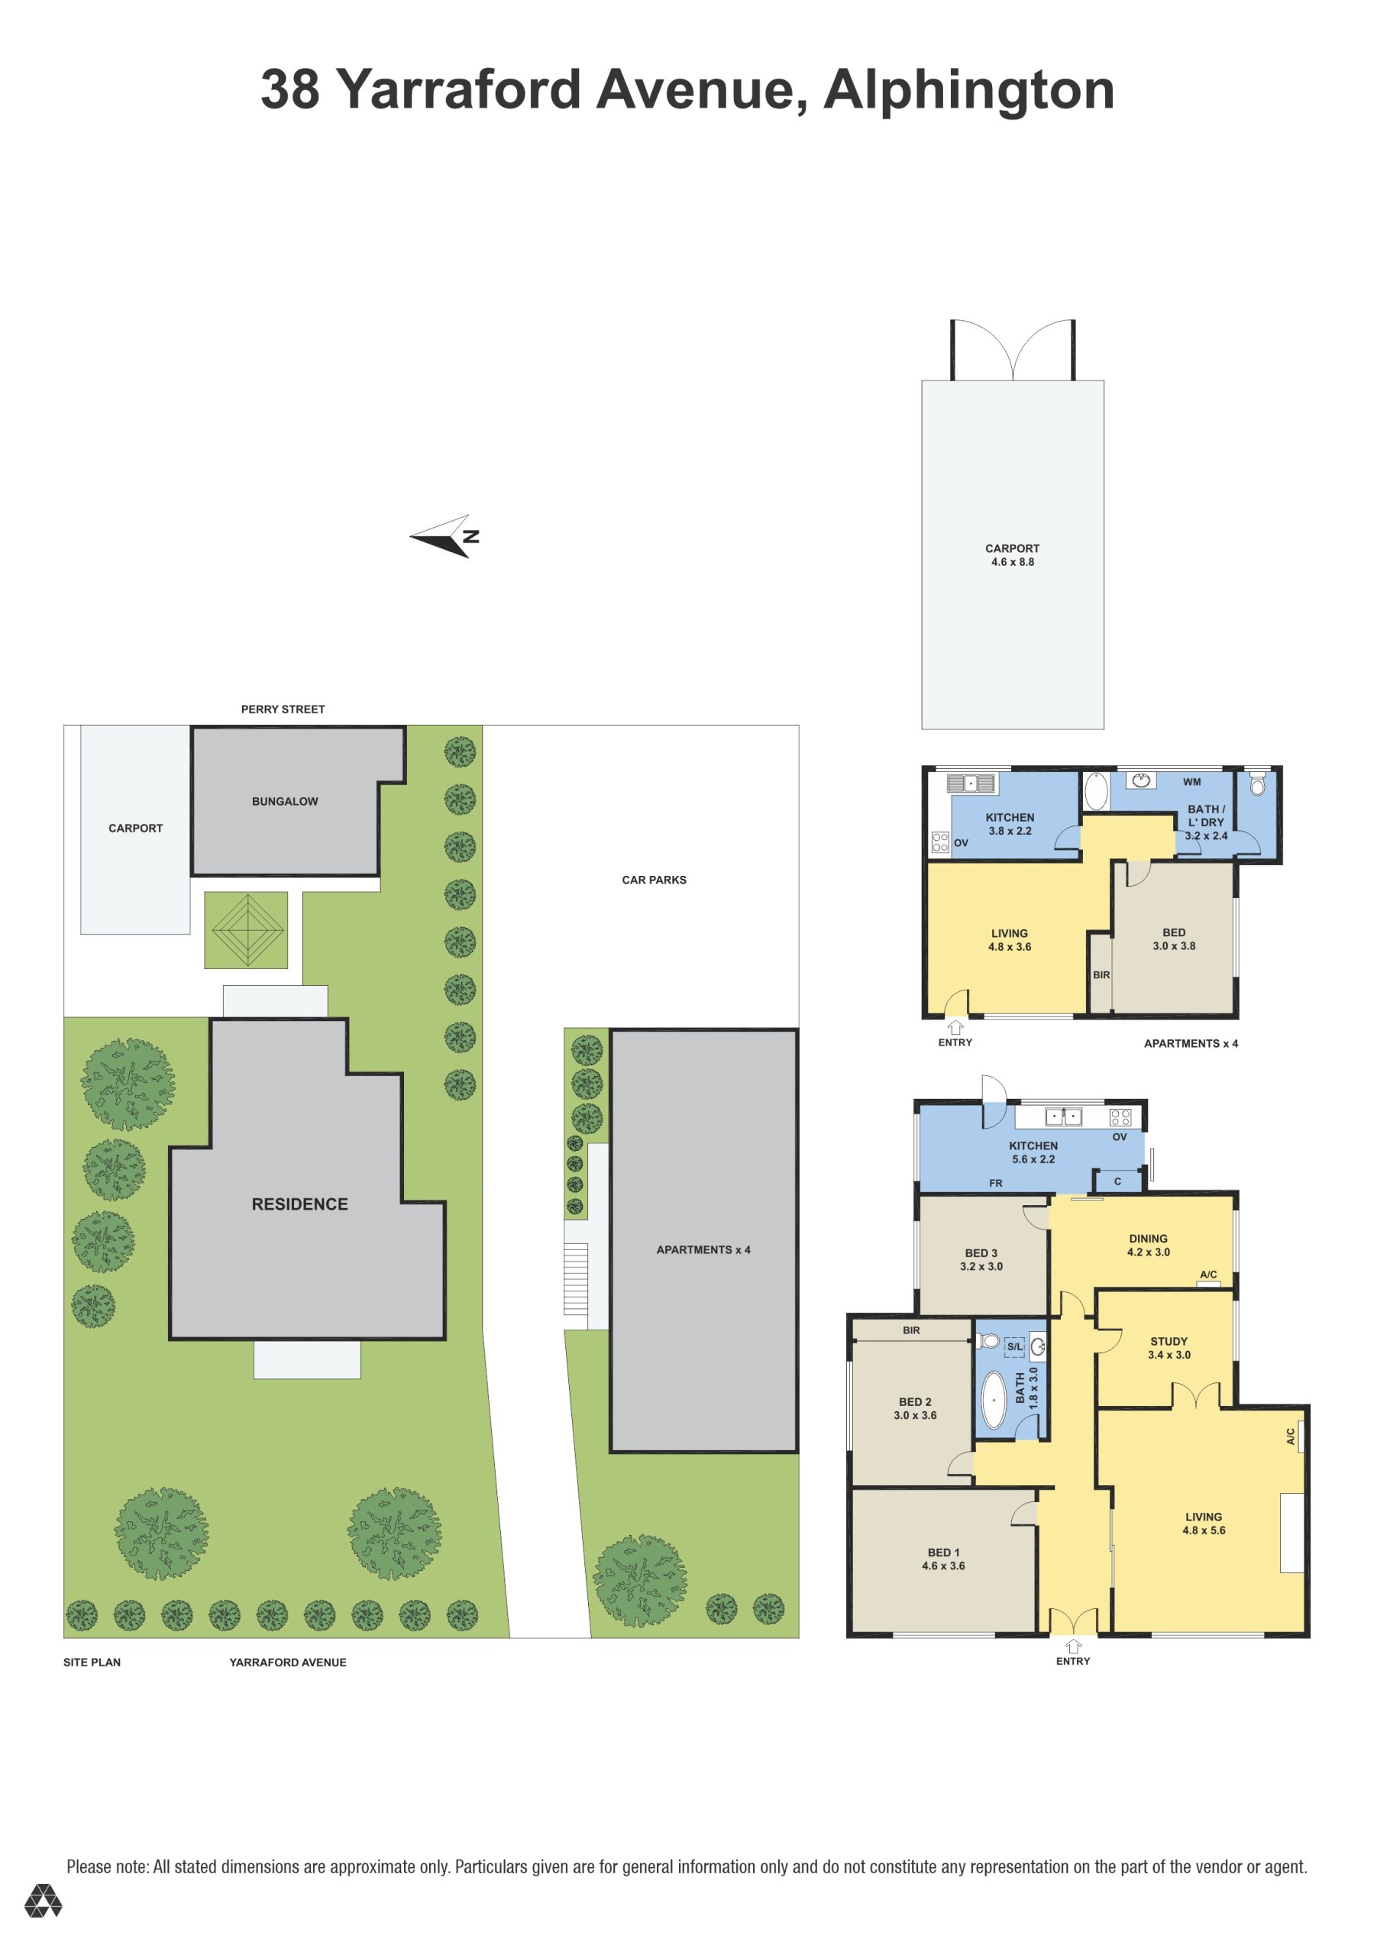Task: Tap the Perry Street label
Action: click(283, 709)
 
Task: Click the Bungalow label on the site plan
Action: click(284, 801)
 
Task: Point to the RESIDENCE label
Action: click(299, 1204)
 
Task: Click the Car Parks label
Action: click(654, 880)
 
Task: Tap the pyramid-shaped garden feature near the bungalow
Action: click(246, 930)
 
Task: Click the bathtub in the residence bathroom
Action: click(993, 1399)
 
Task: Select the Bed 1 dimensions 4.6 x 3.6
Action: click(943, 1565)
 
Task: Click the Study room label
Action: click(1169, 1341)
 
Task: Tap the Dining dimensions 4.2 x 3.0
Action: click(1148, 1252)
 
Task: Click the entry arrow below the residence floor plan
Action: click(1073, 1646)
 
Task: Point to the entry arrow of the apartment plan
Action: click(955, 1028)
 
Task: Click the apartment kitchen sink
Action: click(971, 783)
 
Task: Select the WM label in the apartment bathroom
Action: click(1191, 782)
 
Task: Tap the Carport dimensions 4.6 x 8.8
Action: click(1013, 562)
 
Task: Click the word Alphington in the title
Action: click(969, 91)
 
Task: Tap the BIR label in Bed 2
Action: click(911, 1330)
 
